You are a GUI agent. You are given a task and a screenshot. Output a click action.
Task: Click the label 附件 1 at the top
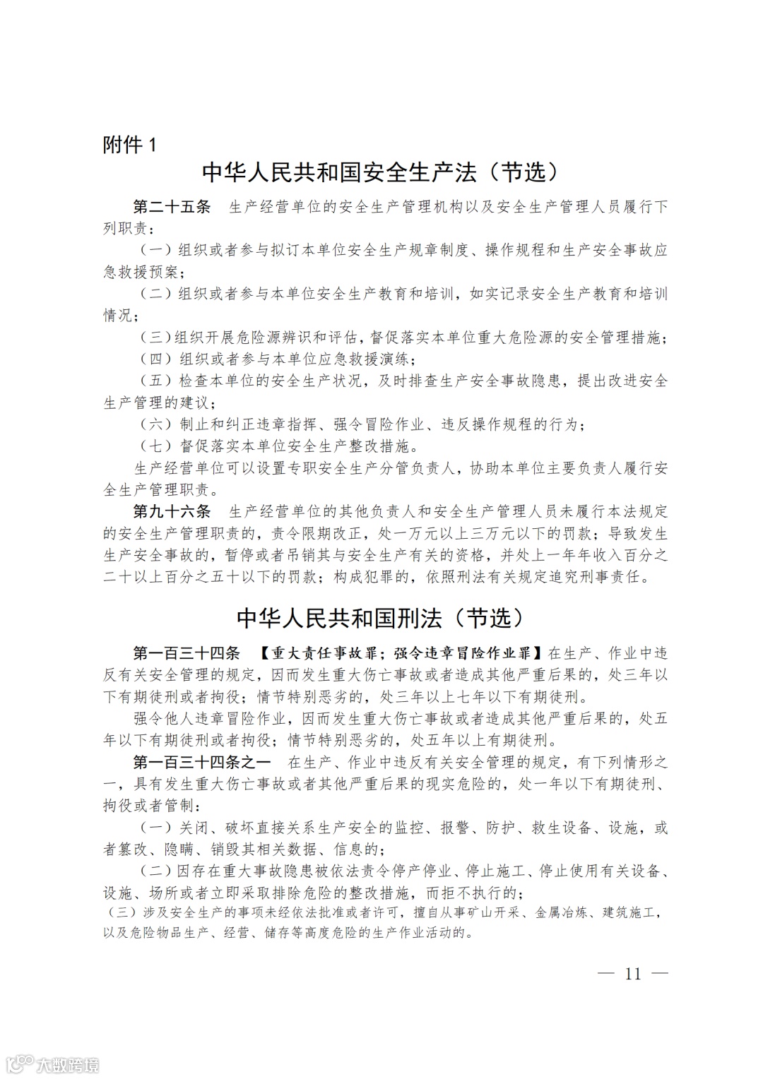(x=129, y=145)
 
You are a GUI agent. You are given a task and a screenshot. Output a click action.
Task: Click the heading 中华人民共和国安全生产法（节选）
(x=385, y=174)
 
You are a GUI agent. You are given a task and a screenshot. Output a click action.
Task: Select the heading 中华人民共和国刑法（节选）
(x=381, y=618)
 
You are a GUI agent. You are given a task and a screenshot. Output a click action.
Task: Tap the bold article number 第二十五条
(x=172, y=207)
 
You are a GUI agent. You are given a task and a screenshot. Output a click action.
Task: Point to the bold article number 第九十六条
(x=172, y=511)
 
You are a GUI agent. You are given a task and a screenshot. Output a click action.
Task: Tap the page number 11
(x=632, y=973)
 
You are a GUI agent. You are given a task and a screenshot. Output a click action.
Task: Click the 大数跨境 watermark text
(x=68, y=1063)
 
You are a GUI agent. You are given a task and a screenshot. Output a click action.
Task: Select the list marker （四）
(x=155, y=359)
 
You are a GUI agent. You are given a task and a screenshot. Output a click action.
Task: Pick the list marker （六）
(x=155, y=424)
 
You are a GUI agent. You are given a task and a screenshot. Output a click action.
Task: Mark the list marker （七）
(x=155, y=446)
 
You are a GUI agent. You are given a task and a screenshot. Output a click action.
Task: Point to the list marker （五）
(x=155, y=381)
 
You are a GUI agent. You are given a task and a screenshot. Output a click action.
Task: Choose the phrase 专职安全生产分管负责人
(x=367, y=467)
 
